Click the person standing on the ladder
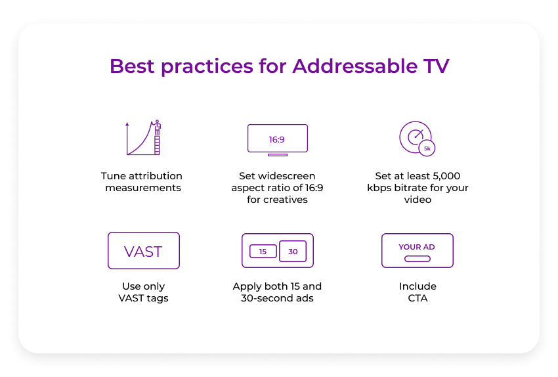pyautogui.click(x=158, y=126)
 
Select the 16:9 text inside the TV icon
pyautogui.click(x=277, y=140)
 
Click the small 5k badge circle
pyautogui.click(x=427, y=149)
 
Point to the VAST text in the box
pyautogui.click(x=143, y=252)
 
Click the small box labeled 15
pyautogui.click(x=263, y=252)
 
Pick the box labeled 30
pyautogui.click(x=293, y=252)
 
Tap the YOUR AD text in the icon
pyautogui.click(x=417, y=247)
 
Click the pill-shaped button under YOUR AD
pyautogui.click(x=417, y=259)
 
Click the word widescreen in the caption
pyautogui.click(x=286, y=176)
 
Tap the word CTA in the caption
pyautogui.click(x=418, y=298)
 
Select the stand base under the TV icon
pyautogui.click(x=278, y=155)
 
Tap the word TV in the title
pyautogui.click(x=435, y=66)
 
